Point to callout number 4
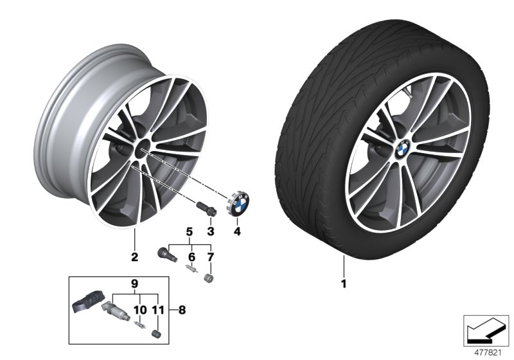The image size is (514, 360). click(236, 230)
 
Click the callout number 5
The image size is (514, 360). click(190, 231)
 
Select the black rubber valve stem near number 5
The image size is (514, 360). click(166, 253)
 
